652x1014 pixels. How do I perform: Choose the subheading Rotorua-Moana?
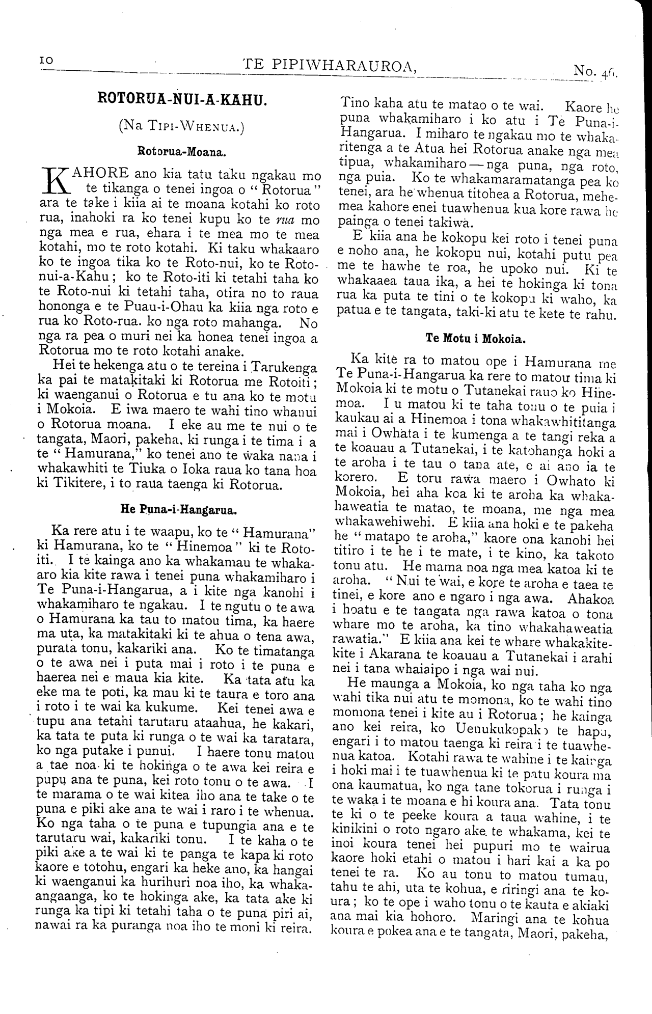click(181, 151)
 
